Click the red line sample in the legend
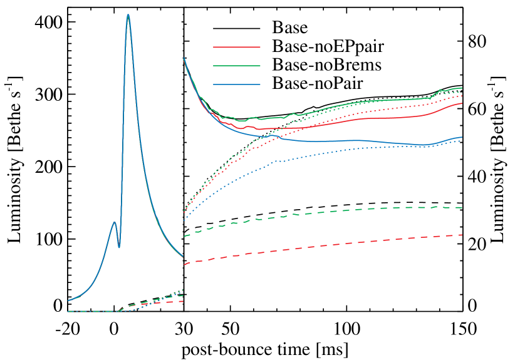(x=236, y=47)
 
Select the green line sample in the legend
(x=236, y=65)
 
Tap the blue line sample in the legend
(x=236, y=84)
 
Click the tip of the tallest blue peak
(x=128, y=14)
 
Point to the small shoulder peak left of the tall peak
(x=114, y=222)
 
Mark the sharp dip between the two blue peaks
(x=119, y=247)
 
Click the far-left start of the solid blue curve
(x=68, y=301)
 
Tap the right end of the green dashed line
(x=462, y=208)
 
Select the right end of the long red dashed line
(x=462, y=235)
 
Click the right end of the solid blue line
(x=462, y=137)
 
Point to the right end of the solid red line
(x=462, y=103)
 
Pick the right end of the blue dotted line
(x=462, y=140)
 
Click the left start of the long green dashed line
(x=184, y=236)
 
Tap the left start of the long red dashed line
(x=184, y=264)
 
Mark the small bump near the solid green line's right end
(x=440, y=90)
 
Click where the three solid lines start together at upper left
(x=184, y=58)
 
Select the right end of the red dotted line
(x=462, y=96)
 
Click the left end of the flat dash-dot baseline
(x=68, y=311)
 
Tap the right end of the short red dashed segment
(x=182, y=301)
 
